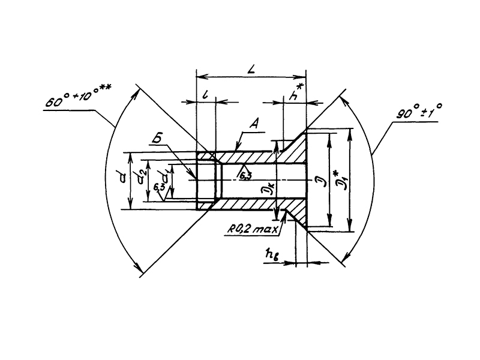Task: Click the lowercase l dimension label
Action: pyautogui.click(x=205, y=95)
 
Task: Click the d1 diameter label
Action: pyautogui.click(x=164, y=178)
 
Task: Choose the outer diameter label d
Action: pyautogui.click(x=123, y=176)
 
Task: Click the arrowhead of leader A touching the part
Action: pyautogui.click(x=237, y=148)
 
